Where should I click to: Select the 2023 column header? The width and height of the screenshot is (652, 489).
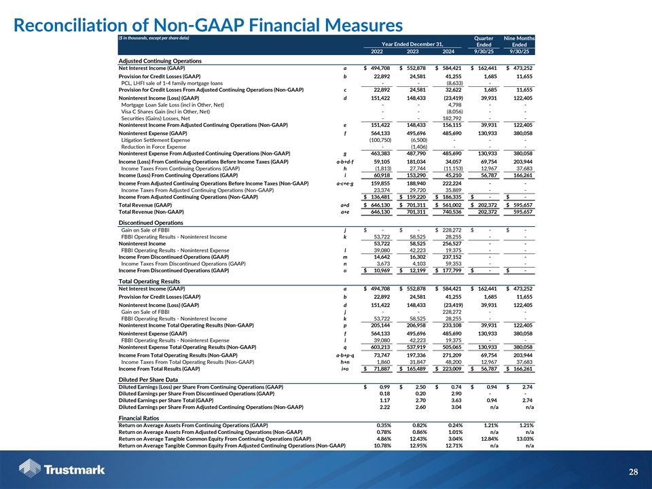410,51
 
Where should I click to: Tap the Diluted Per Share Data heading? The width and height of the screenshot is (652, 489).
148,379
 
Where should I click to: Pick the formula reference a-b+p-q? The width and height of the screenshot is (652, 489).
345,355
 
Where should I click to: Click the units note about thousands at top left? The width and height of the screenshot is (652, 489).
153,37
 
